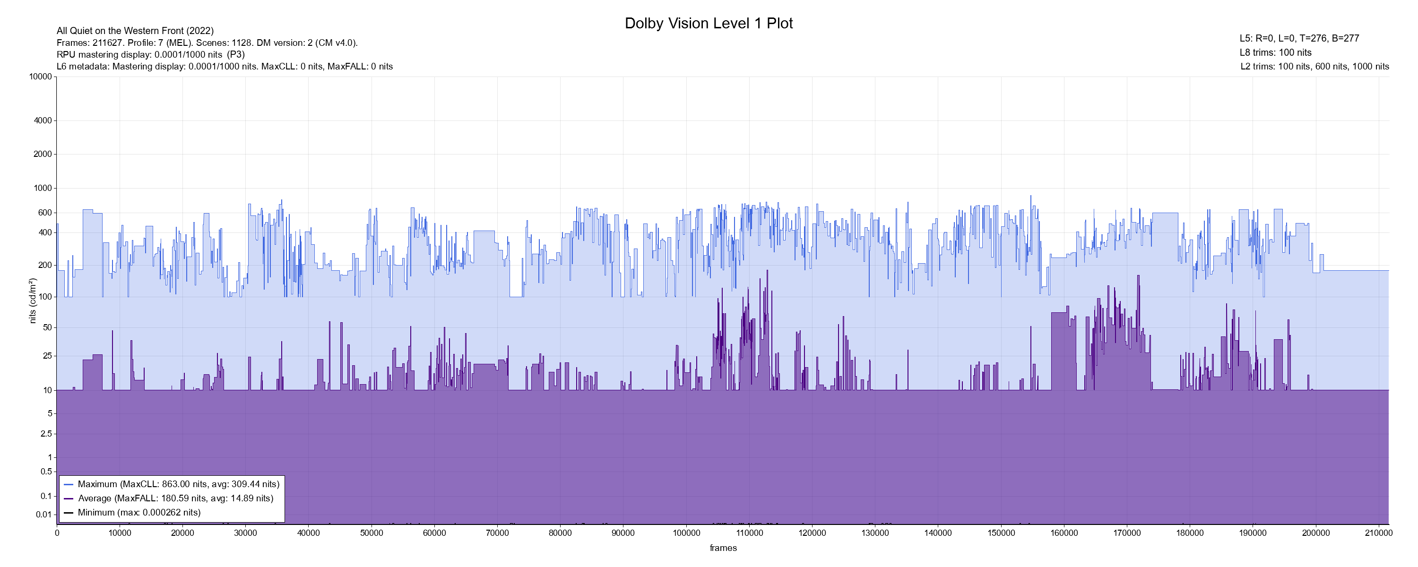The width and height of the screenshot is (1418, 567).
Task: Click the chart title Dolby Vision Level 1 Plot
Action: (709, 24)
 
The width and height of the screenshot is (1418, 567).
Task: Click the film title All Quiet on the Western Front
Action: (135, 31)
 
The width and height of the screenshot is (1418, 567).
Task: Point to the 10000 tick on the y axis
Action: (41, 77)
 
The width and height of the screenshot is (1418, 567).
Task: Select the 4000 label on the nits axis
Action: (43, 120)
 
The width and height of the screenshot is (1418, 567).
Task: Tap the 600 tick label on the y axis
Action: (45, 213)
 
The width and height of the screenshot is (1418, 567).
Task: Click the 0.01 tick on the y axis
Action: (43, 515)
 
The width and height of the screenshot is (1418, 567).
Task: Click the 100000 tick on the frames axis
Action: (686, 533)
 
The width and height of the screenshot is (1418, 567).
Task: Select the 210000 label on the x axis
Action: (1378, 533)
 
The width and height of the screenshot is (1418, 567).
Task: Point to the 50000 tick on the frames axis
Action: (372, 533)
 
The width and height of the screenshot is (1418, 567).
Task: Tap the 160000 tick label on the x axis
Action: (1064, 533)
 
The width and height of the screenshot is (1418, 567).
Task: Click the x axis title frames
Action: (723, 548)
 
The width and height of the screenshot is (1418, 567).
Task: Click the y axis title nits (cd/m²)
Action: (33, 301)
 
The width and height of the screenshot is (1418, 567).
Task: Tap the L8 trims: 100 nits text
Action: (1275, 53)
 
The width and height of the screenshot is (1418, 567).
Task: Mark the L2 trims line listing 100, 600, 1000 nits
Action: (1314, 67)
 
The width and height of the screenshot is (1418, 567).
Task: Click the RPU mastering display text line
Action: (150, 54)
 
